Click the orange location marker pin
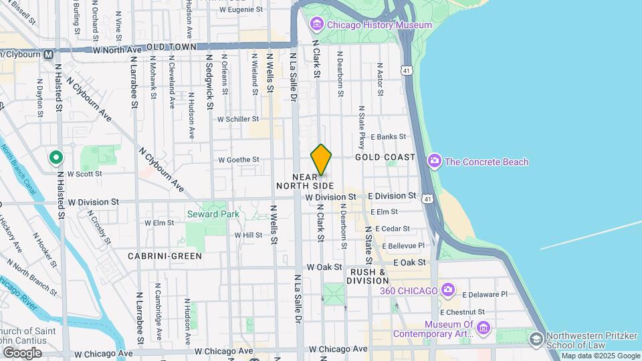(321, 160)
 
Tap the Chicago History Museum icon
(316, 25)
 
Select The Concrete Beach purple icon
(435, 161)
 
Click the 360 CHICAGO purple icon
(448, 290)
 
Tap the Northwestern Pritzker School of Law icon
(536, 340)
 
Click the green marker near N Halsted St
(56, 158)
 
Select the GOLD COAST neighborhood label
(385, 157)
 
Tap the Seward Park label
(213, 214)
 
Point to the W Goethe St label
(238, 160)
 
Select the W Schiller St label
(238, 119)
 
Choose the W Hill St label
(248, 235)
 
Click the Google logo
(22, 352)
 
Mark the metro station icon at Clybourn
(48, 55)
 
